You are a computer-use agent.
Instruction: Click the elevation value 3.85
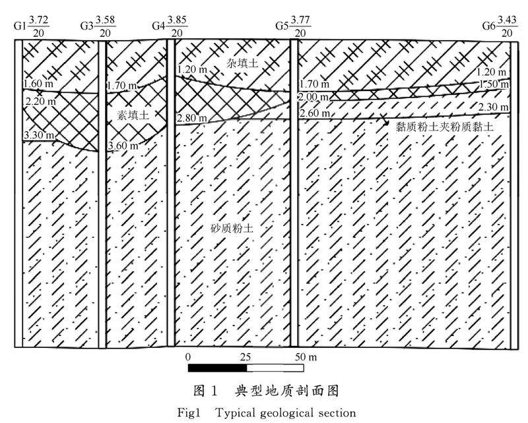click(178, 20)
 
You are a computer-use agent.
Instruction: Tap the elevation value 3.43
click(507, 20)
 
